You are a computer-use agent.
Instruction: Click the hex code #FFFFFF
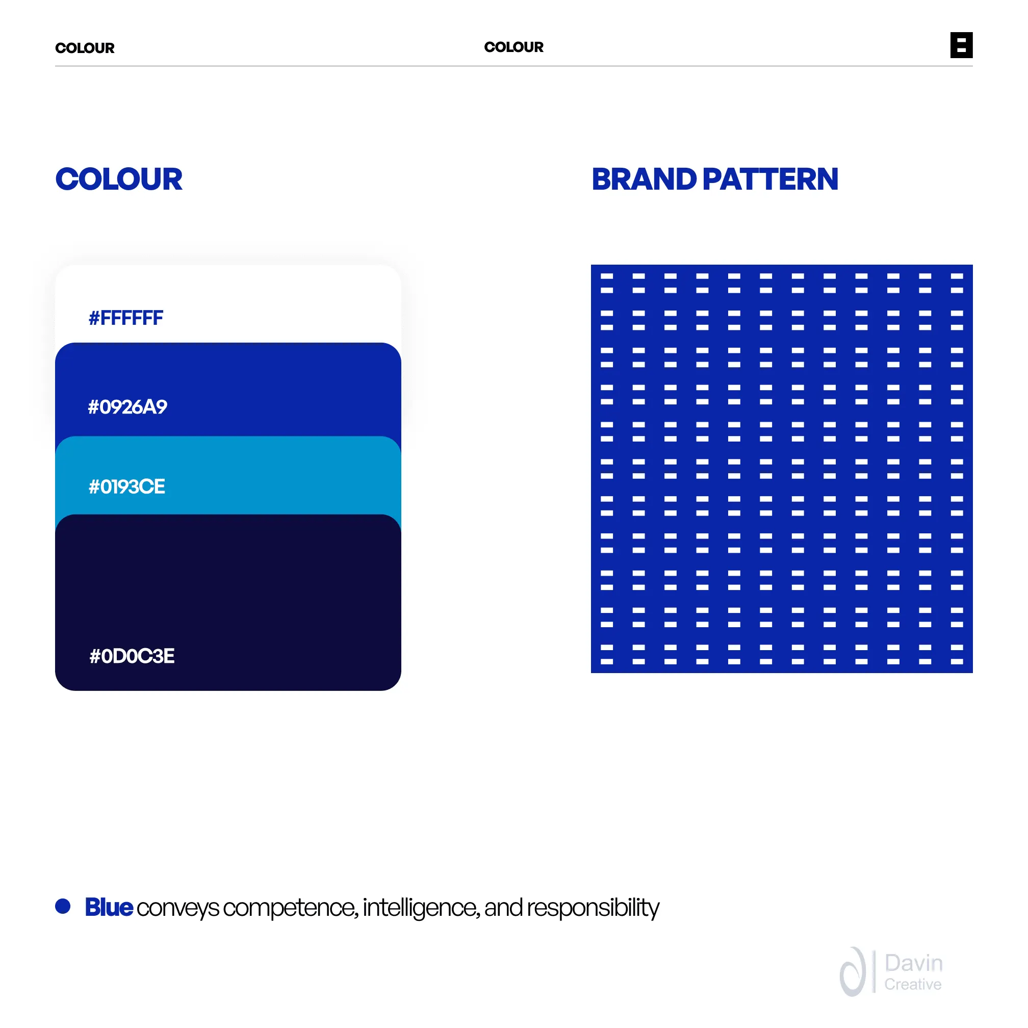(x=125, y=318)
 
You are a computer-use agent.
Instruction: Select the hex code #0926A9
(x=127, y=407)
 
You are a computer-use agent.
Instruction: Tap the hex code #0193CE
(x=126, y=487)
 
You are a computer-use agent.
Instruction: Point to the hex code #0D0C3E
(x=132, y=656)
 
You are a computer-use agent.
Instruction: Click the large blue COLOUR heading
(x=119, y=179)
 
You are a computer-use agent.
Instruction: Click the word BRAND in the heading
(x=644, y=179)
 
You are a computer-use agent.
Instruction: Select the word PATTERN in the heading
(x=770, y=179)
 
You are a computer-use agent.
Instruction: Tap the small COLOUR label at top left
(x=85, y=48)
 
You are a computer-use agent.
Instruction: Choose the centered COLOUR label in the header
(x=514, y=47)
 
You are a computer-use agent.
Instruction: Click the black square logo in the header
(x=962, y=45)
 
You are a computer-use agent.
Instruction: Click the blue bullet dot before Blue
(x=63, y=906)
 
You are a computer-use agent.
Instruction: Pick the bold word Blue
(x=109, y=907)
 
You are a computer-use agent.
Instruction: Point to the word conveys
(x=178, y=909)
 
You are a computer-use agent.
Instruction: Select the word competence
(x=291, y=909)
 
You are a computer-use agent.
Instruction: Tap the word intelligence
(x=421, y=909)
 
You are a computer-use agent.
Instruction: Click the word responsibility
(x=593, y=909)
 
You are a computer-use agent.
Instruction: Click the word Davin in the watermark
(x=914, y=963)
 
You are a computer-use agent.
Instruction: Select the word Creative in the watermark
(x=913, y=984)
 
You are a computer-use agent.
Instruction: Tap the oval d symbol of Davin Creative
(x=853, y=972)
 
